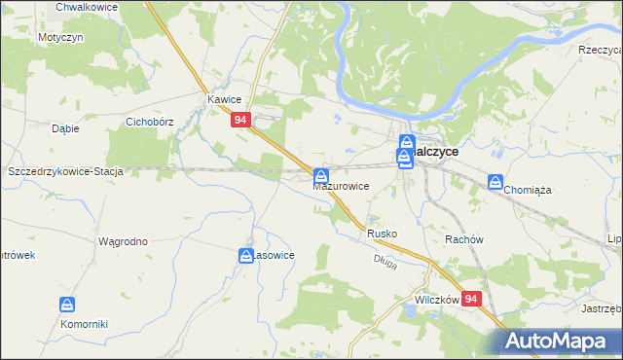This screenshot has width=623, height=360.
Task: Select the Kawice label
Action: point(224,99)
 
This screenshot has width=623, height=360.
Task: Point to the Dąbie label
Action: point(64,127)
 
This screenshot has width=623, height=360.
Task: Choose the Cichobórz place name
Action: point(150,123)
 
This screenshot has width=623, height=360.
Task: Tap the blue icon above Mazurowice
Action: point(321,175)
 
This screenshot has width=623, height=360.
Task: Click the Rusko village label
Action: point(383,234)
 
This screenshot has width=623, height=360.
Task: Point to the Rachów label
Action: point(463,239)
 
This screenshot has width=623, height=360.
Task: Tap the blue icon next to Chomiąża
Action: point(495,182)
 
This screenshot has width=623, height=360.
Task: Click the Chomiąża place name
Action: point(527,191)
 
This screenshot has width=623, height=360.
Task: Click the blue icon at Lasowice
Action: point(248,255)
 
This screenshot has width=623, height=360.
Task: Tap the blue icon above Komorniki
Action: point(67,305)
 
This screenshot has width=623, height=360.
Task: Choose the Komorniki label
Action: point(83,323)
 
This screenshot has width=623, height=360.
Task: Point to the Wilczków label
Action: point(436,301)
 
